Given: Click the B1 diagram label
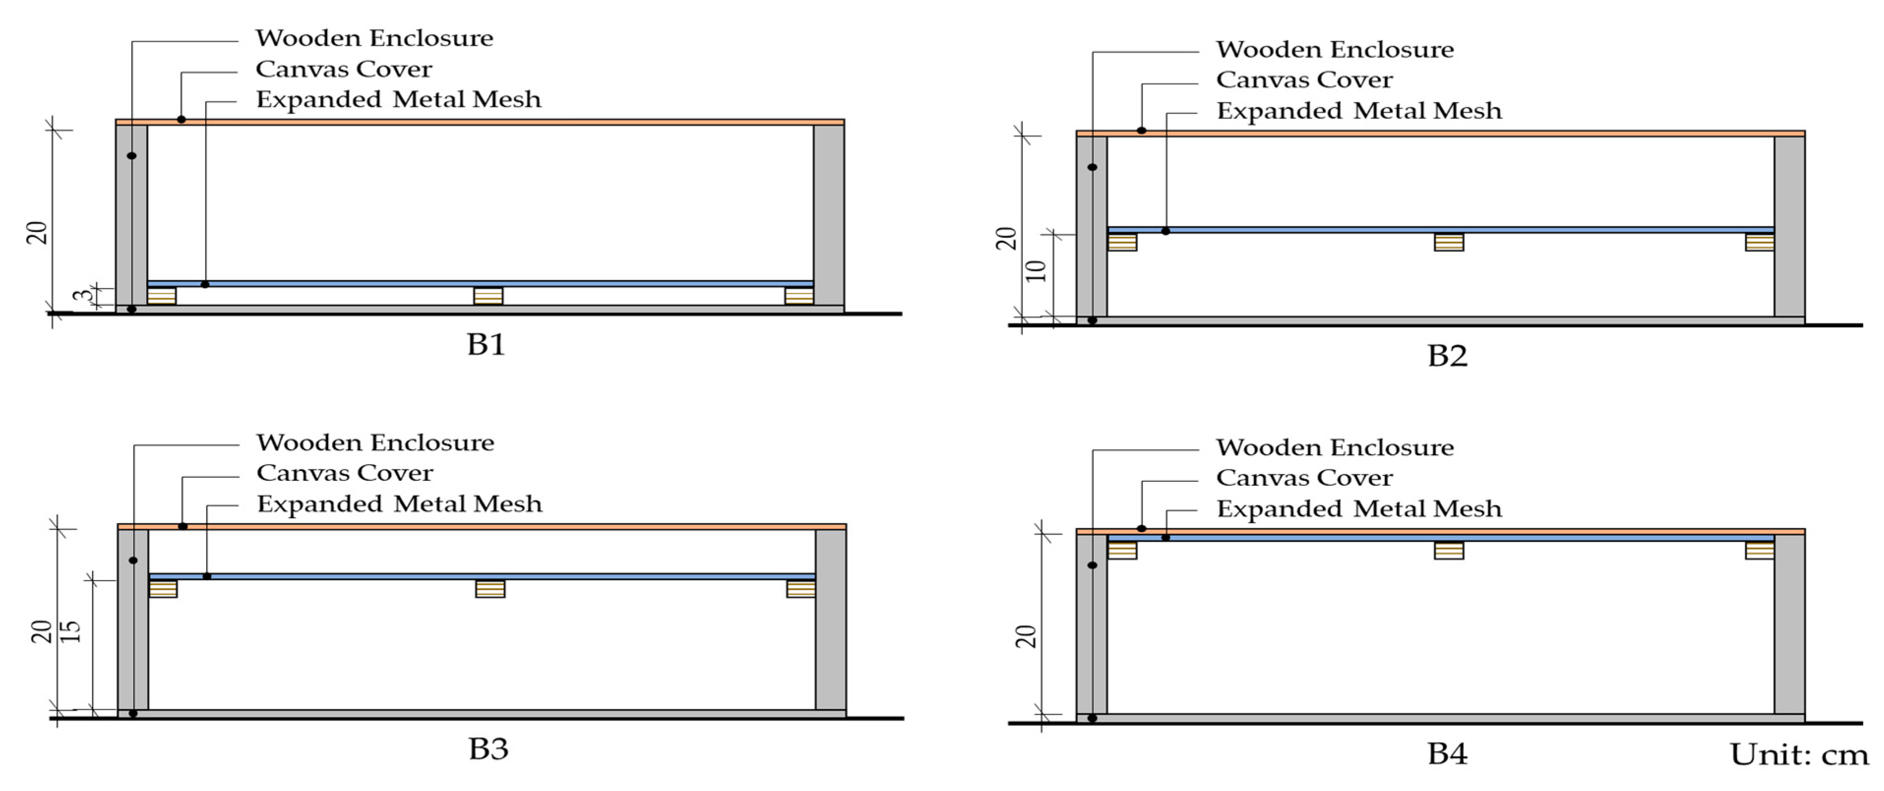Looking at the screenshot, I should [486, 344].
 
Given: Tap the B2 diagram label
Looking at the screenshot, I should [1447, 356].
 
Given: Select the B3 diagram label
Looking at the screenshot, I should [488, 749].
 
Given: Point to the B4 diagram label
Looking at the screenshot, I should [1447, 754].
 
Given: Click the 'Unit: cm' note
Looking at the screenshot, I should [1798, 755].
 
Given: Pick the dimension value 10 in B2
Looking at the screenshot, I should [1035, 271].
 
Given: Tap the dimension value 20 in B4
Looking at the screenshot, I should [1026, 636].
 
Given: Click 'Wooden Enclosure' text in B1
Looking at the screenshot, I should [374, 38].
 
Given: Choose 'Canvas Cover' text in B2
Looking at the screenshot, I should [1304, 80].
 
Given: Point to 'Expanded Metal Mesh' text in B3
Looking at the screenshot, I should [399, 504].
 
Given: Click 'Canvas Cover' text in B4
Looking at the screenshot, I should [1304, 478].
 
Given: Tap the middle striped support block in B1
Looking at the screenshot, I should [488, 296].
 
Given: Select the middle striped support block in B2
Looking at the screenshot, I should [1448, 242].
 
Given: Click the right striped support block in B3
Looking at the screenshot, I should [800, 588].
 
